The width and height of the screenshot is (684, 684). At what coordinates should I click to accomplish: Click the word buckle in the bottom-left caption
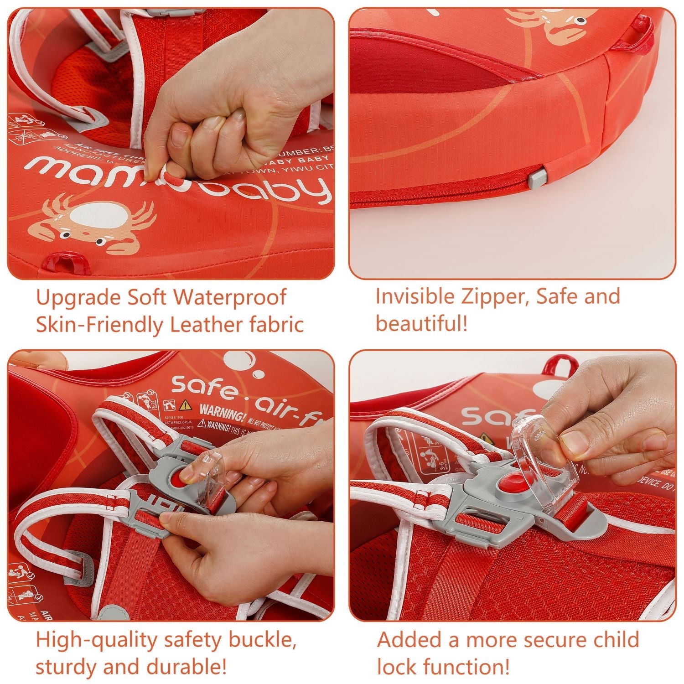click(263, 640)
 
